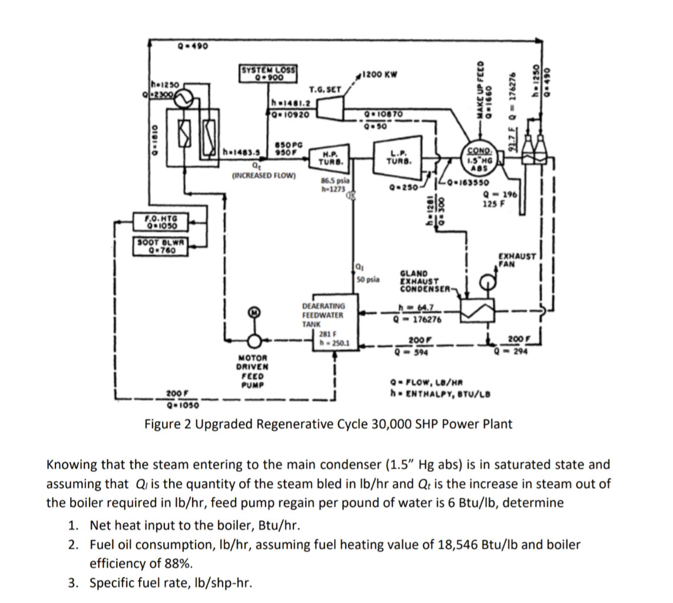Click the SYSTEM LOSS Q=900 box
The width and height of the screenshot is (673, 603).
(x=268, y=74)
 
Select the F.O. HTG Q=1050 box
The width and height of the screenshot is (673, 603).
(x=157, y=221)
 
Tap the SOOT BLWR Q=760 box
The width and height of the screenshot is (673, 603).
(x=157, y=244)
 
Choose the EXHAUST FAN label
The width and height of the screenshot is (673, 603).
(x=516, y=260)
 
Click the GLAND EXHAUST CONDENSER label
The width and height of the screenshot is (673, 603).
(x=423, y=281)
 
